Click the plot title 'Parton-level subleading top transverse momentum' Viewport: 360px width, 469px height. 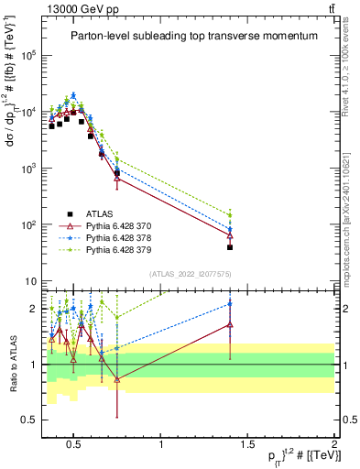[194, 36]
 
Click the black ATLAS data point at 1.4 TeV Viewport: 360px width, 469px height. [230, 247]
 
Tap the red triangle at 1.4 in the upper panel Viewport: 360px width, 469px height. [230, 235]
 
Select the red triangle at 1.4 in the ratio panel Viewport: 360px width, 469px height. [230, 324]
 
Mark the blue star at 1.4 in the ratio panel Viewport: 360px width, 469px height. [230, 304]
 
